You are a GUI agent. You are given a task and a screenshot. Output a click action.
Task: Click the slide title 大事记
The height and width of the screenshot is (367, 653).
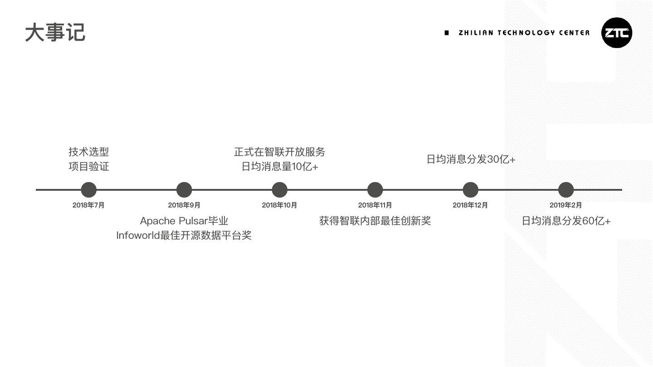tap(55, 33)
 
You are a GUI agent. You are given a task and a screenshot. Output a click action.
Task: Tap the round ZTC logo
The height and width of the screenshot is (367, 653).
tap(616, 33)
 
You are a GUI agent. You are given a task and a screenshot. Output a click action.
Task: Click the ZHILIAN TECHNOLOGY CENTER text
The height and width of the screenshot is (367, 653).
tap(524, 33)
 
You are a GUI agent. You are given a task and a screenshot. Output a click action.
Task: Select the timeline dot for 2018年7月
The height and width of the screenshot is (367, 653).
tap(88, 190)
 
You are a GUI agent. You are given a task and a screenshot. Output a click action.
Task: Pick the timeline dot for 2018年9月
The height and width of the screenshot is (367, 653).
tap(184, 190)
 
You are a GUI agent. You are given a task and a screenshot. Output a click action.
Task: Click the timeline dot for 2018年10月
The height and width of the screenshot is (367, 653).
tap(279, 190)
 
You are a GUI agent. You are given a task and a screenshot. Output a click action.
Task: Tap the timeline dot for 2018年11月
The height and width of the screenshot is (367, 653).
tap(375, 190)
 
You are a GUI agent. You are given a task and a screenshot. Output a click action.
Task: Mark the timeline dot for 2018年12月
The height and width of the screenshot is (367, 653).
tap(470, 190)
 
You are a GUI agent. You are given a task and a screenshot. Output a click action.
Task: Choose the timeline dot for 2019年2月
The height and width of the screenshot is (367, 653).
tap(565, 190)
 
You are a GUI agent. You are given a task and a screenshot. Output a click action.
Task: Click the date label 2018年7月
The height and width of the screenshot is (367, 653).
tap(88, 205)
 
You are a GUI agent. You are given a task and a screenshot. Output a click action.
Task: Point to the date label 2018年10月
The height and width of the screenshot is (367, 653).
tap(279, 205)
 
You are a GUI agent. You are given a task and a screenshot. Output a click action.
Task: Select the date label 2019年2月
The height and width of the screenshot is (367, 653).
tap(565, 205)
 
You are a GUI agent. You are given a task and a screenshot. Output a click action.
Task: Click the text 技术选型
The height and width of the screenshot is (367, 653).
tap(89, 152)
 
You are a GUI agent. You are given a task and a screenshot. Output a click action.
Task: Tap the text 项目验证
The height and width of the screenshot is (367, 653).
tap(89, 166)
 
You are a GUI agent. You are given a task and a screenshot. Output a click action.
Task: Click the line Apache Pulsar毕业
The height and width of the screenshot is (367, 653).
tap(184, 221)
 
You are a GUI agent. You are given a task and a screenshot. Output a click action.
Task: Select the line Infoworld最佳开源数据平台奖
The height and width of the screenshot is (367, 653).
tap(184, 236)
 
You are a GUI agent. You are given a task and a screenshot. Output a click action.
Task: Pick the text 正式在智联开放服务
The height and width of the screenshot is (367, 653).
tap(279, 152)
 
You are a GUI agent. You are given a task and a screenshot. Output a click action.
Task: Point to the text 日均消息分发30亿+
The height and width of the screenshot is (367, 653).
tap(471, 159)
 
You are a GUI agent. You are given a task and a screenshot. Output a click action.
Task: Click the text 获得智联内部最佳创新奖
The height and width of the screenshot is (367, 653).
tap(375, 221)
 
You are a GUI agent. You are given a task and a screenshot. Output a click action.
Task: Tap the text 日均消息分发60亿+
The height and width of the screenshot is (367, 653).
tap(566, 221)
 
